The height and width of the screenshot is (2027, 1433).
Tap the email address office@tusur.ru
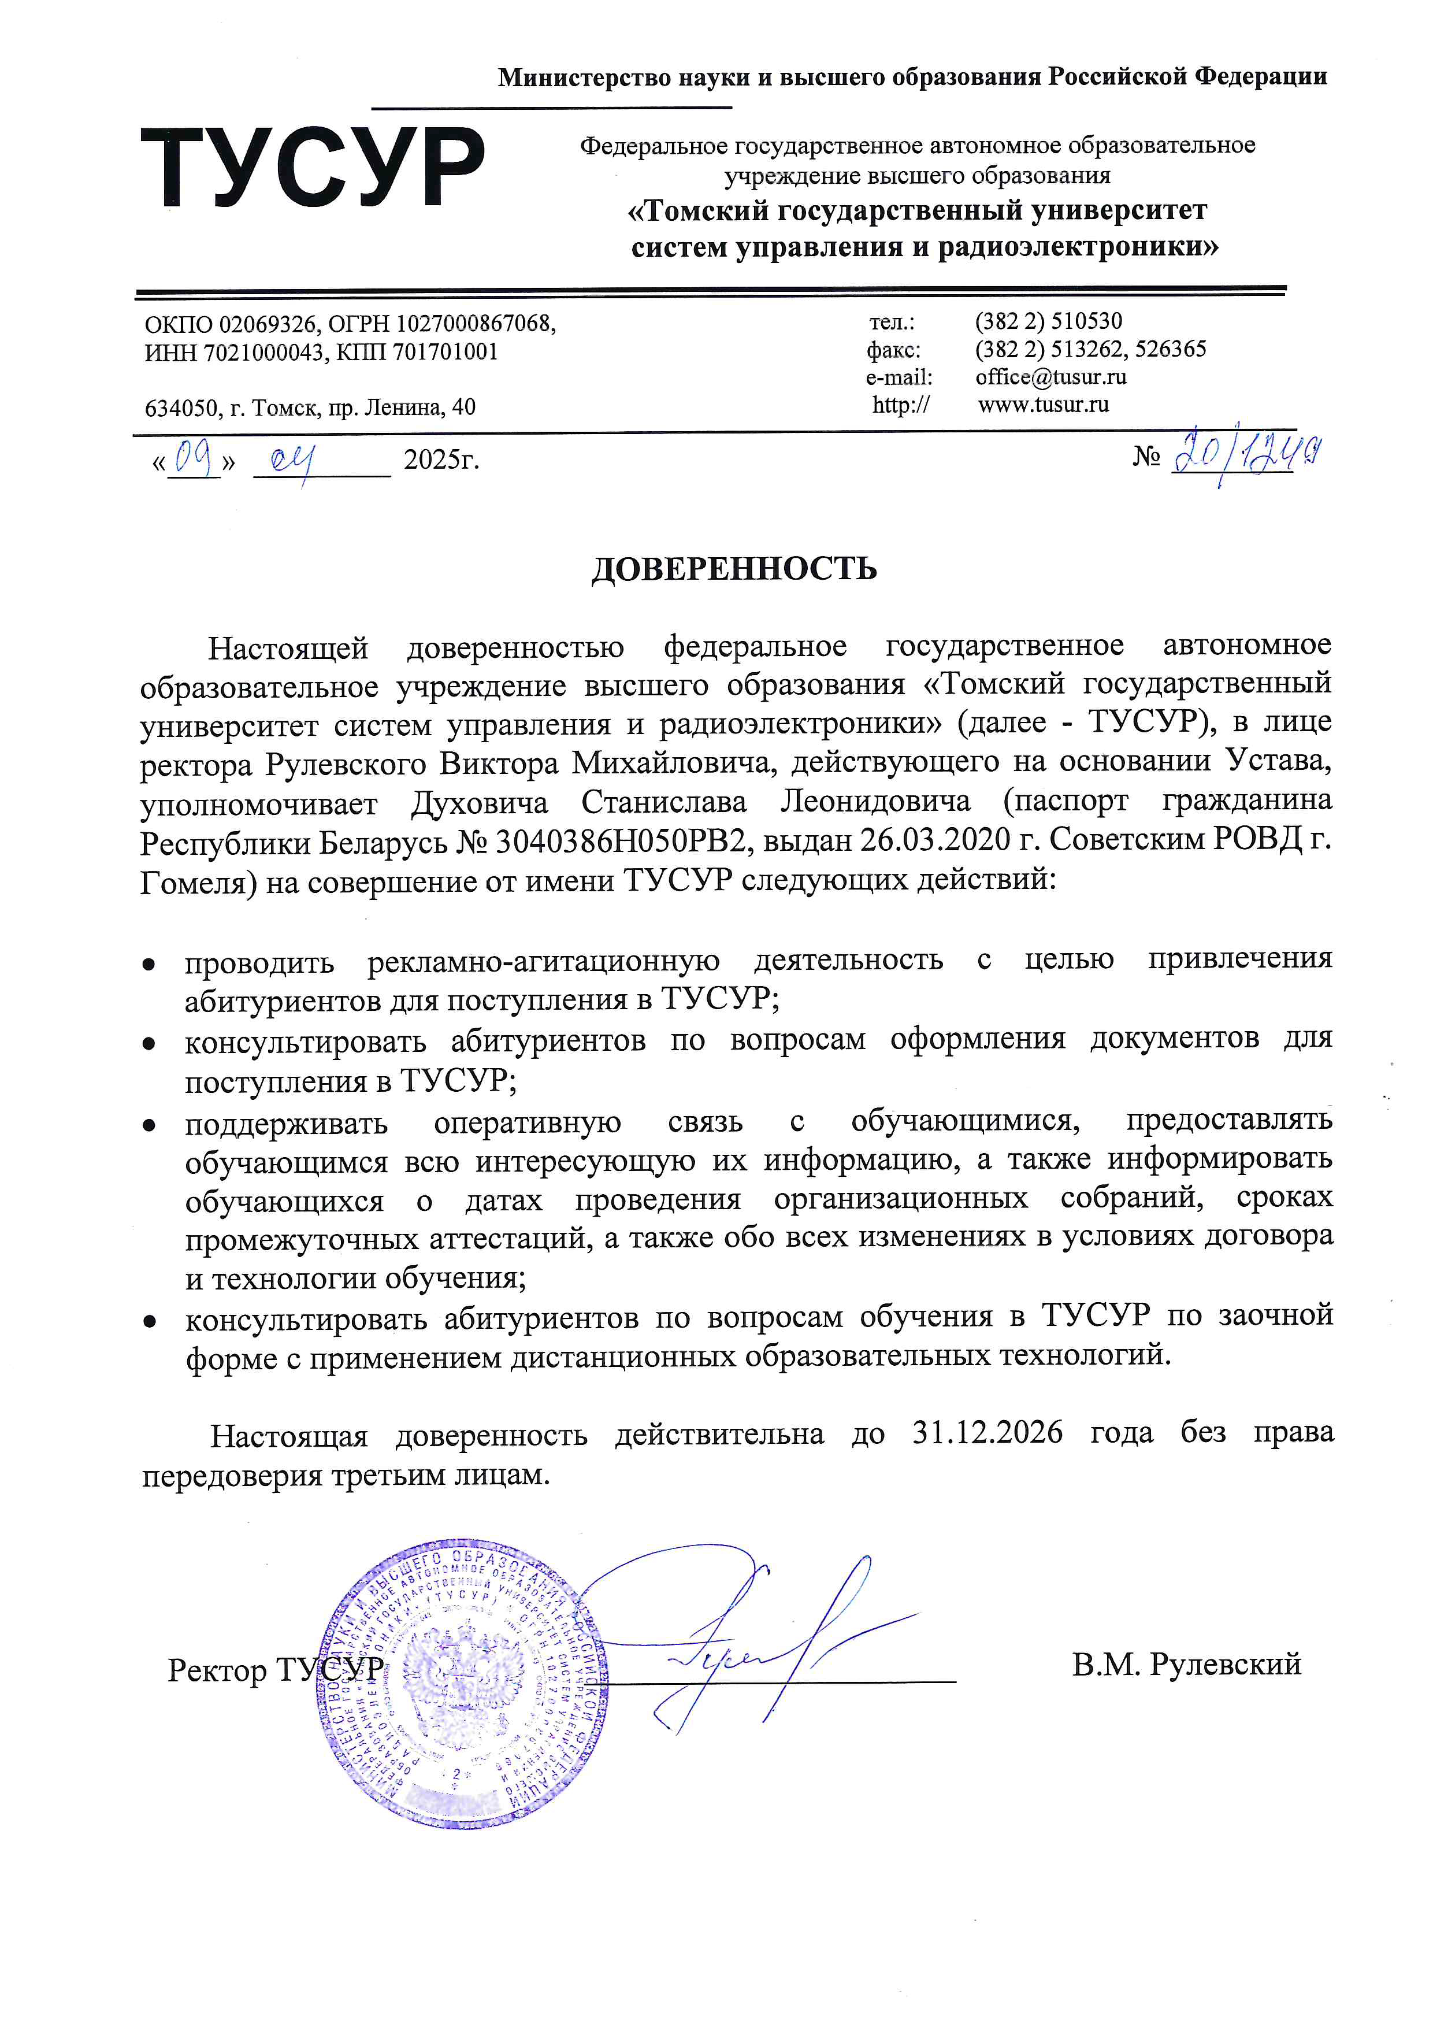[1050, 377]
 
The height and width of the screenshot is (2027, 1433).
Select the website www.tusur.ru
[1043, 405]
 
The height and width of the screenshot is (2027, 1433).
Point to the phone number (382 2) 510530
[1048, 320]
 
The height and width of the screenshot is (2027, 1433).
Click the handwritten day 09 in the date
[195, 458]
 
